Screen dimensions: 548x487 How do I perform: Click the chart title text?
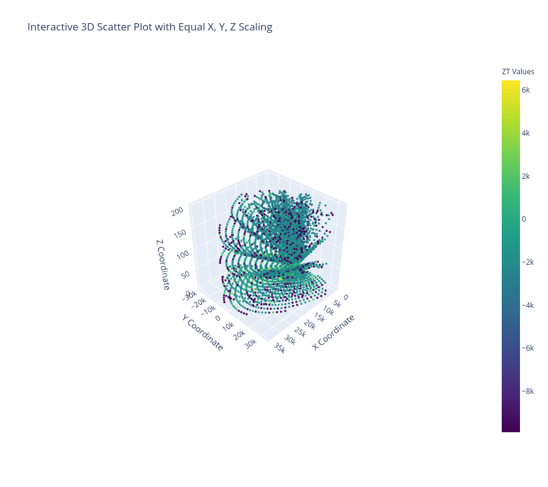click(150, 27)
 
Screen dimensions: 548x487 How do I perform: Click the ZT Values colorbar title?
click(518, 72)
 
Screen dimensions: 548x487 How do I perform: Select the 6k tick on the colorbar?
click(525, 90)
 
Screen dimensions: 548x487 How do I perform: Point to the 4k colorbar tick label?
click(525, 133)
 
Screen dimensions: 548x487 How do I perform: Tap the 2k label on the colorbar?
click(525, 177)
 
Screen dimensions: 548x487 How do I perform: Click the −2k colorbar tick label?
click(528, 262)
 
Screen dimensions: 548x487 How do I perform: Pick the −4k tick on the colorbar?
click(528, 306)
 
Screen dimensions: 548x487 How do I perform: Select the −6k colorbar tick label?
click(528, 348)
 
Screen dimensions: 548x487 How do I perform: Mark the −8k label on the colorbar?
click(528, 391)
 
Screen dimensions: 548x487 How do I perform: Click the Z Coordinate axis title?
click(163, 264)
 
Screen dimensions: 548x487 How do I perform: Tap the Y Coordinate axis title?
click(202, 332)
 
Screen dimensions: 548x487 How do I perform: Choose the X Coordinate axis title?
click(334, 332)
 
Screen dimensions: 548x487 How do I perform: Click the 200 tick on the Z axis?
click(177, 211)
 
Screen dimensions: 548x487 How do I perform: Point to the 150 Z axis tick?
click(180, 233)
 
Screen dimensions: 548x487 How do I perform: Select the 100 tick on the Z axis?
click(183, 254)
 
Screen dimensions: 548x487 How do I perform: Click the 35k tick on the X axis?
click(279, 348)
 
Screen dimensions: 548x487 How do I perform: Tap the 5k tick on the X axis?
click(337, 304)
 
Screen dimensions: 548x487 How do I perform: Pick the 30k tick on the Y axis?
click(251, 344)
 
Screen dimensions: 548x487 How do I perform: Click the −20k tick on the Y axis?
click(199, 302)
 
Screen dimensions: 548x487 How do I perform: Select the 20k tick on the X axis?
click(310, 324)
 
